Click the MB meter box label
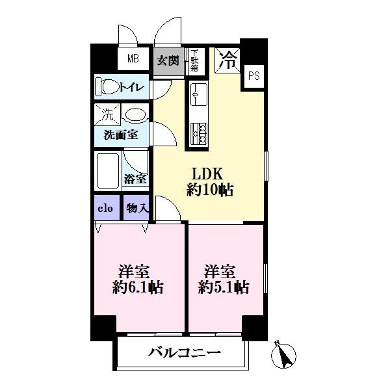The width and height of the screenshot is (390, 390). coord(133,60)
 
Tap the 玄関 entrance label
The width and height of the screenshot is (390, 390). coord(168,60)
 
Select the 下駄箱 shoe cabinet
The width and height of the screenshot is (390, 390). coord(194,60)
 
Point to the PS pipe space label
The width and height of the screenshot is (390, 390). coord(253,75)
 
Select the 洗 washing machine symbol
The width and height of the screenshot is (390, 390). coord(106,116)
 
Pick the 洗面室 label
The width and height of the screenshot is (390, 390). coord(120,136)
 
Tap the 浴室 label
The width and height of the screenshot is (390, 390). coord(136,178)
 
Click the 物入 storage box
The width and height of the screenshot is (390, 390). coord(136,208)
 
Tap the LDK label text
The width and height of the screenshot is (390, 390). coord(207,174)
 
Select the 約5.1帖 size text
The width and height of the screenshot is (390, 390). coord(224,288)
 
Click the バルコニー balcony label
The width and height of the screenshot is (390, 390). coord(184,354)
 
